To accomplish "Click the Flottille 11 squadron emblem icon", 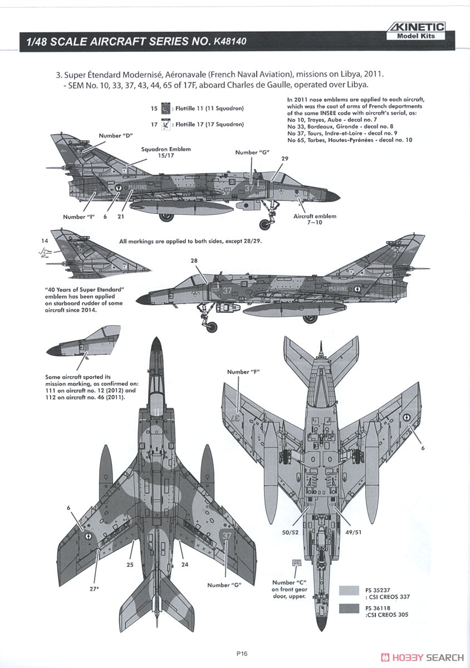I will click(165, 108).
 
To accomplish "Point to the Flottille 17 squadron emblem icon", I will click(165, 124).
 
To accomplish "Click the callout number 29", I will click(285, 159).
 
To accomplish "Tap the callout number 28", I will click(194, 261).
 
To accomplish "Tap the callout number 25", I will click(130, 564).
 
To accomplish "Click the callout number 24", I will click(185, 564).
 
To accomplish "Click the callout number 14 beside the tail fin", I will click(44, 240).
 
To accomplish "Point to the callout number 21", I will click(120, 217).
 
